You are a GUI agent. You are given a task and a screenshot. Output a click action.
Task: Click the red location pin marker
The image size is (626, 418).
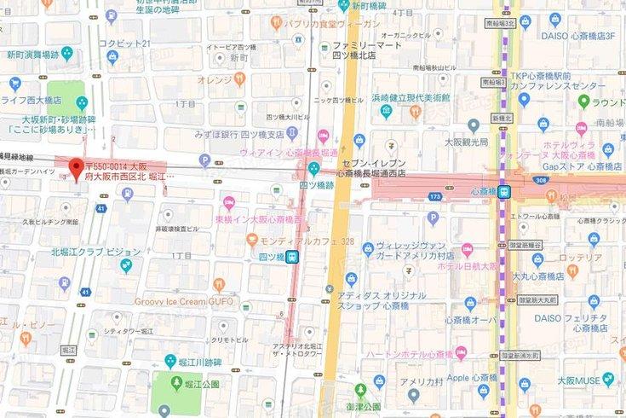76,168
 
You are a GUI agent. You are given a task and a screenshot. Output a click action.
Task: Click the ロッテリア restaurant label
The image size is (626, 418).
581,258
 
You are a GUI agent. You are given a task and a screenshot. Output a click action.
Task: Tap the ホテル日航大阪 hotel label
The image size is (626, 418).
468,265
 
